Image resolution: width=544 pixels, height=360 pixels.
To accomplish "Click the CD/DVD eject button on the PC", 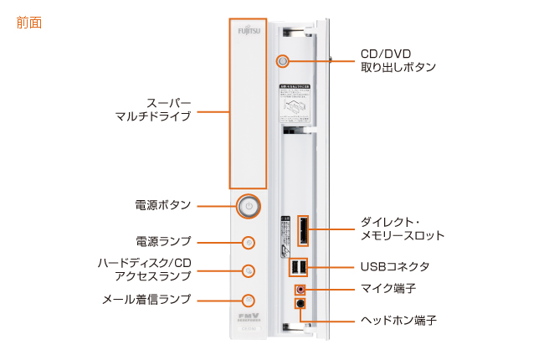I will pos(283,61).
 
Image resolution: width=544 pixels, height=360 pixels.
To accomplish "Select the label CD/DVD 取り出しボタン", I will pos(398,59).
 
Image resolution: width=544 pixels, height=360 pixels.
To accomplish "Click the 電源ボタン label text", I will pos(163,204).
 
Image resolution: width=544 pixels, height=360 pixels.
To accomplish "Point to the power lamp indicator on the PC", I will pos(248,243).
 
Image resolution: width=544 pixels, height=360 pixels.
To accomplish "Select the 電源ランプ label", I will pos(163,240).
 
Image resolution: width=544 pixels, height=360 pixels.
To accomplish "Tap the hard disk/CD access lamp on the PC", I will pos(248,270).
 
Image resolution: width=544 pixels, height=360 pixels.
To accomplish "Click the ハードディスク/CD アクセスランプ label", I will pos(145,270).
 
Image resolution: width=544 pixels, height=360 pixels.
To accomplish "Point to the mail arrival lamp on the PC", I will pos(248,299).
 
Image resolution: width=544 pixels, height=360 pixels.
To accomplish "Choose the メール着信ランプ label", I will pos(147,299).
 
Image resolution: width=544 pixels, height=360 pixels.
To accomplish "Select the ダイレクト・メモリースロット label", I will pos(403,229).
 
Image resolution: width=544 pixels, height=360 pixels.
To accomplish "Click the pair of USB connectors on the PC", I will pos(299,268).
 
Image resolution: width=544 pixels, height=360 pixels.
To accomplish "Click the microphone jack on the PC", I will pos(300,289).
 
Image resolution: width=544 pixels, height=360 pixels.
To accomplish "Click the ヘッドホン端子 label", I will pos(398,320).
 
